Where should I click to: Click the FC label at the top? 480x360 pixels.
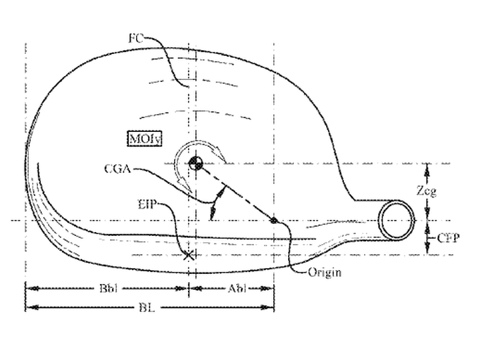tap(136, 39)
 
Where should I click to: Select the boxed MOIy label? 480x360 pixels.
tap(145, 139)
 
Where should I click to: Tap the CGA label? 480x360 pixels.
tap(117, 169)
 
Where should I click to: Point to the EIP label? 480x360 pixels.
tap(147, 205)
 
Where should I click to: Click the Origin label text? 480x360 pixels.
tap(325, 272)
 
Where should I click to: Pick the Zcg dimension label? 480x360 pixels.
tap(427, 191)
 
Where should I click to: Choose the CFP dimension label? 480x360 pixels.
tap(448, 238)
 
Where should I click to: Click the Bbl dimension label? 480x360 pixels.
tap(109, 289)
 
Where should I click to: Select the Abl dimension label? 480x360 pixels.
tap(237, 289)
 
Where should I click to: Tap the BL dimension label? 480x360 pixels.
tap(147, 307)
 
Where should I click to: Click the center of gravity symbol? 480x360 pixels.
tap(195, 163)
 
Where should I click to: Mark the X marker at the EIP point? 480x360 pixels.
tap(189, 255)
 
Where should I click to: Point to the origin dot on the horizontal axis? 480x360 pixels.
tap(274, 221)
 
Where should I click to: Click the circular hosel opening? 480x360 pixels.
tap(397, 221)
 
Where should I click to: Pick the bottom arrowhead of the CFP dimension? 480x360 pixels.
tap(427, 248)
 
